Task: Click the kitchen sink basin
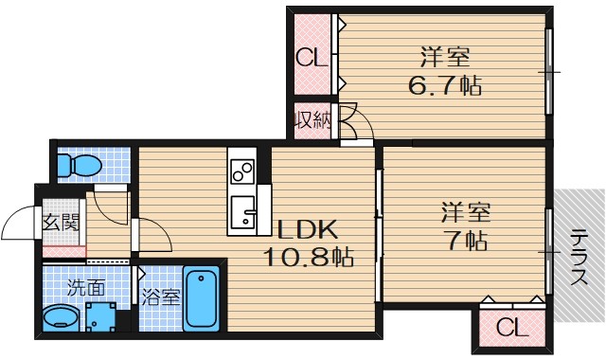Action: coord(243,212)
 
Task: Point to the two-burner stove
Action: coord(242,171)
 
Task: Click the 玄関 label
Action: coord(61,222)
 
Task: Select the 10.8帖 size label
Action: coord(309,257)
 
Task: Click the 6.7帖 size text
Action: coord(445,85)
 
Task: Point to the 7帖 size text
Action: coord(467,241)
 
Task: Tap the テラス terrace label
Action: coord(579,257)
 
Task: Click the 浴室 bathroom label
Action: coord(160,297)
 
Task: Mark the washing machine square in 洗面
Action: coord(101,317)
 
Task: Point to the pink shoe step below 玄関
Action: coord(63,251)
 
